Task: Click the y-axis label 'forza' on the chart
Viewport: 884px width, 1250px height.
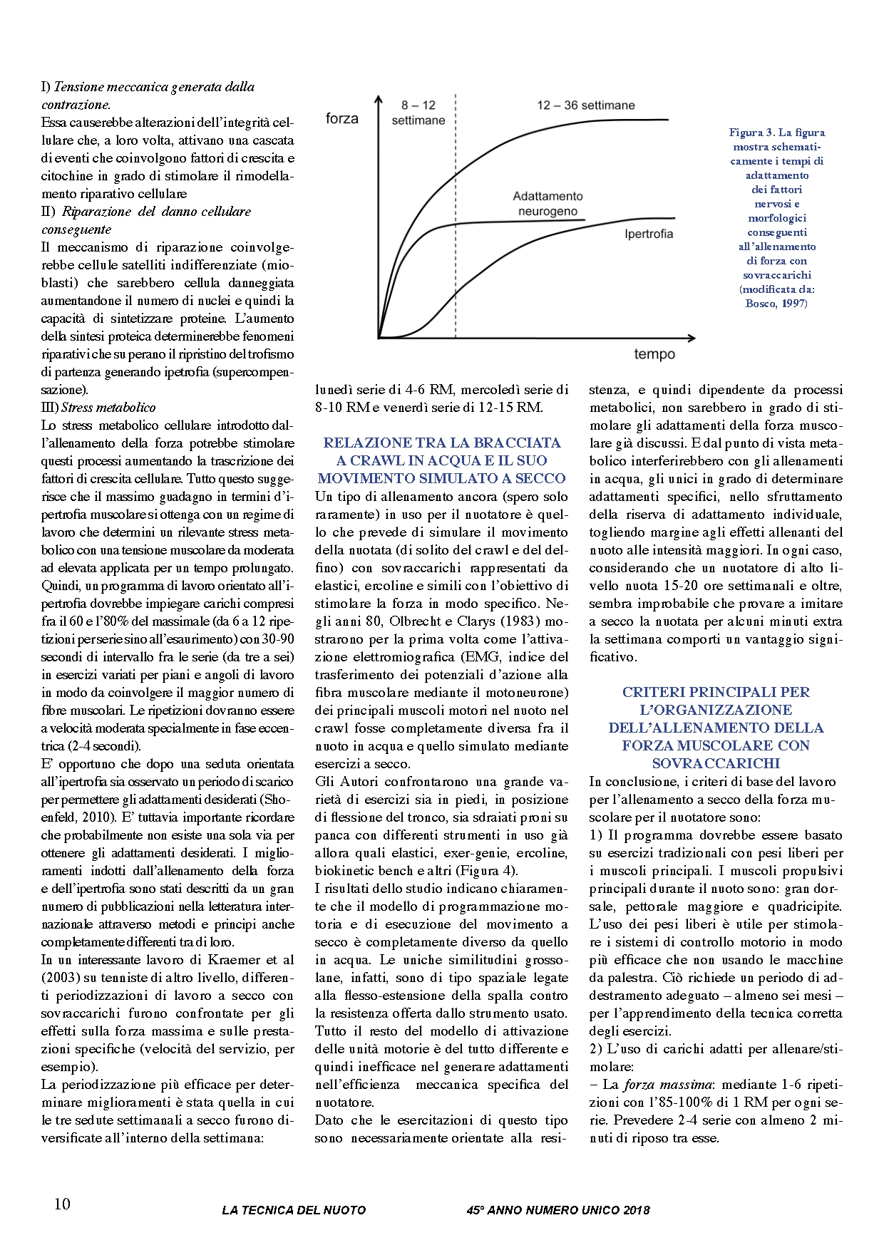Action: (341, 118)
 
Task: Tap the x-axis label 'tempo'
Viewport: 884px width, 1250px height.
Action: (654, 354)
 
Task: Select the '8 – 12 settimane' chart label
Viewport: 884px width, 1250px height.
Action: (418, 113)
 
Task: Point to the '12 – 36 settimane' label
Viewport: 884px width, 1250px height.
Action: (585, 105)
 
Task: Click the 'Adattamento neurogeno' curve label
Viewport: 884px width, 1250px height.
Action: (548, 204)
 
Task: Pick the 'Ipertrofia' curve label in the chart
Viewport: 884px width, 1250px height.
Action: (648, 234)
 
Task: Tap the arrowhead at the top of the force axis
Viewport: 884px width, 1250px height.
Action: (379, 98)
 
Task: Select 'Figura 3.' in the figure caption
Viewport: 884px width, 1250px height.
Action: (751, 133)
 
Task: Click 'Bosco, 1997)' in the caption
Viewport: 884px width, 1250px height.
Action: (776, 304)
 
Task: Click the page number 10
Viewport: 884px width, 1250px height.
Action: (62, 1204)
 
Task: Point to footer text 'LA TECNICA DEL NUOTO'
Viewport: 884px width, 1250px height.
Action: (294, 1209)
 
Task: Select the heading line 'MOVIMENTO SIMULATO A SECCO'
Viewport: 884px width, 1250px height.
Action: (441, 478)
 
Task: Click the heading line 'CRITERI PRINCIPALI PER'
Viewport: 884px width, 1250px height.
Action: (716, 692)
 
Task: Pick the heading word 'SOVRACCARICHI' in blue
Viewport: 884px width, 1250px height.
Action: (716, 763)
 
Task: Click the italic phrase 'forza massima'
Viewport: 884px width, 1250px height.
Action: (667, 1085)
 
